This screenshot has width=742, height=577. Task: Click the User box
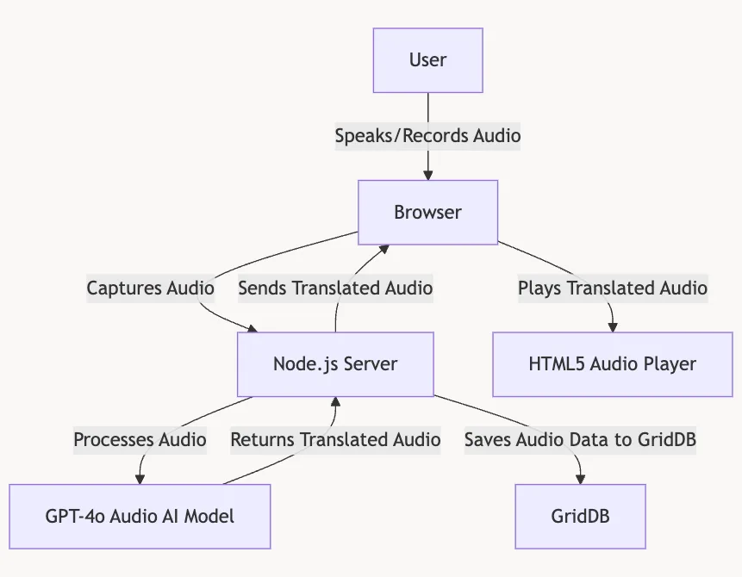[x=427, y=60]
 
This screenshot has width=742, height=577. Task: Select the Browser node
[x=427, y=212]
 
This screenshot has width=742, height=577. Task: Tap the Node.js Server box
[x=335, y=363]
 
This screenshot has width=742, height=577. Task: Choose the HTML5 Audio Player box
[x=612, y=363]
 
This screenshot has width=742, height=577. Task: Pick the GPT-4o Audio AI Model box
[x=140, y=516]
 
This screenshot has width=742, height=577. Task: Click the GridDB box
[x=580, y=516]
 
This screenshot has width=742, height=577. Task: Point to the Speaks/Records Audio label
[x=427, y=136]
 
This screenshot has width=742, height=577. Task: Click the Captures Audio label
[x=150, y=288]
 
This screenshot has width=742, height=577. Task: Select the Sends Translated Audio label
[x=335, y=288]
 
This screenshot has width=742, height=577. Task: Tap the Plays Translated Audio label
[x=612, y=288]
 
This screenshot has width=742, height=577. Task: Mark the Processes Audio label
[x=140, y=440]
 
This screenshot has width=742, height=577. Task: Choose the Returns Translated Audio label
[x=335, y=440]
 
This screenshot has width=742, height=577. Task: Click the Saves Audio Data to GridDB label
[x=580, y=440]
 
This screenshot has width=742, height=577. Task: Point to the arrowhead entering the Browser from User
[x=427, y=175]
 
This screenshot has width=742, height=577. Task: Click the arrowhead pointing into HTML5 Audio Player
[x=612, y=327]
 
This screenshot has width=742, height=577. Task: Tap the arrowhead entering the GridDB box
[x=580, y=479]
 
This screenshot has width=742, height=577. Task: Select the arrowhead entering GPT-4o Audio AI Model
[x=140, y=479]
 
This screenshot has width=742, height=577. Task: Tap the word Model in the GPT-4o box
[x=211, y=516]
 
